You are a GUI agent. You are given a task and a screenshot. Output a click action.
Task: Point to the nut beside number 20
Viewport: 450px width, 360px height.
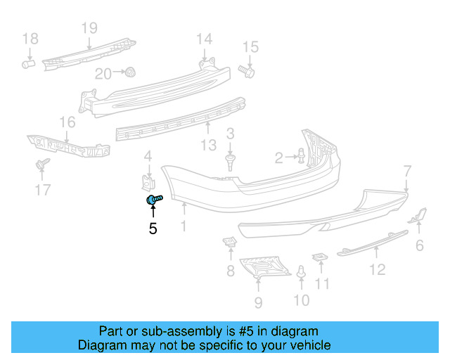tap(130, 72)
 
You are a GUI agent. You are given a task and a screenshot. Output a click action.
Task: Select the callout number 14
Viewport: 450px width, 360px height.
tap(203, 39)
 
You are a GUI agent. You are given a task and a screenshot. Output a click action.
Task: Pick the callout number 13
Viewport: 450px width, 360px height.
tap(209, 146)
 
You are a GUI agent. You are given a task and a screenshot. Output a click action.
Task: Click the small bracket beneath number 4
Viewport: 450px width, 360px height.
tap(148, 181)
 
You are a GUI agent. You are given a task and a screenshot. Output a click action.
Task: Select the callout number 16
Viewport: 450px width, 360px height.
tap(67, 123)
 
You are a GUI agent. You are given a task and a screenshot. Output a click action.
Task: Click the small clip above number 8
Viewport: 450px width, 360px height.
tap(229, 243)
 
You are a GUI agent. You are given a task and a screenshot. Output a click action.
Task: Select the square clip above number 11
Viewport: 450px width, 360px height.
tap(319, 257)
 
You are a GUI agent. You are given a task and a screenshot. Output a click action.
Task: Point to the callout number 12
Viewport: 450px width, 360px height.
tap(378, 269)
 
